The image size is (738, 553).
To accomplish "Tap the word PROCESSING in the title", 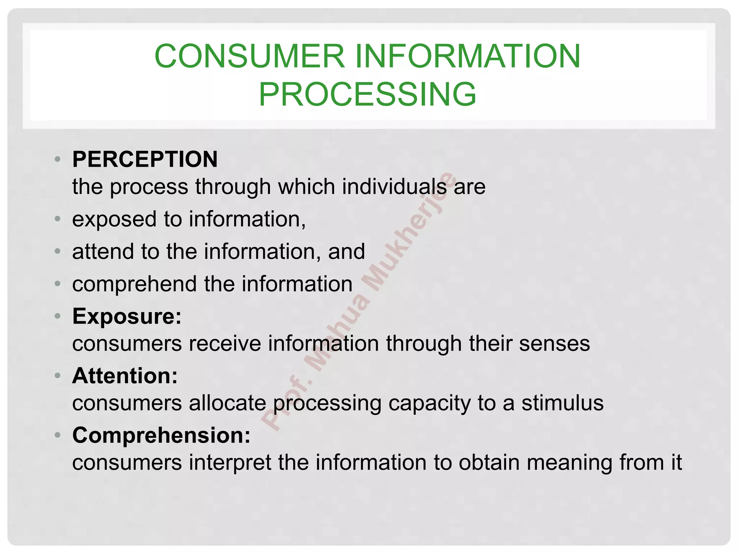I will tap(368, 94).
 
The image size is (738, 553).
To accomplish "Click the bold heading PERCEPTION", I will tap(145, 159).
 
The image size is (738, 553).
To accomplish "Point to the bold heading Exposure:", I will tap(127, 316).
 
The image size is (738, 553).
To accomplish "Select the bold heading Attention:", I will tap(125, 376).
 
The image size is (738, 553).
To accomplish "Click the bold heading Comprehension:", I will tap(161, 435).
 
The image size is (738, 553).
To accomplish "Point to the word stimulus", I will tap(563, 403).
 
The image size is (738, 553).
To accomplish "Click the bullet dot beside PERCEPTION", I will tap(57, 159).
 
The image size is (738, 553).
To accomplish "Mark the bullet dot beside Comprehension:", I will tap(57, 435).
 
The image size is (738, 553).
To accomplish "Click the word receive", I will tap(224, 343).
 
